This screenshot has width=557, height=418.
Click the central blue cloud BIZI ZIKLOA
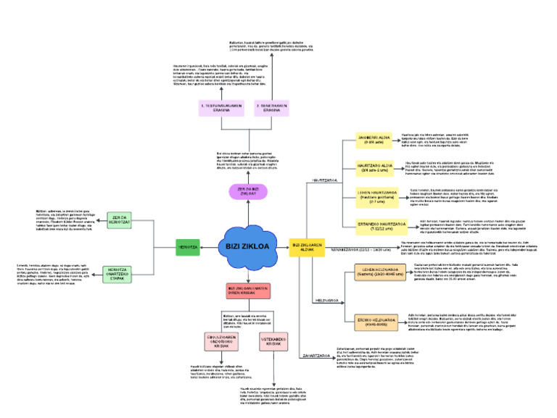pyautogui.click(x=247, y=247)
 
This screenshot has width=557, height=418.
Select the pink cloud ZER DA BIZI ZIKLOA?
pyautogui.click(x=248, y=191)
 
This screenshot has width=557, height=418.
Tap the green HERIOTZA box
pyautogui.click(x=189, y=247)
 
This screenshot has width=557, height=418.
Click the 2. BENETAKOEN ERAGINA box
pyautogui.click(x=271, y=108)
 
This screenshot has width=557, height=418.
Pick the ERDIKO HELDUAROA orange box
pyautogui.click(x=375, y=321)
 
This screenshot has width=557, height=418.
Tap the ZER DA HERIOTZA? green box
pyautogui.click(x=119, y=220)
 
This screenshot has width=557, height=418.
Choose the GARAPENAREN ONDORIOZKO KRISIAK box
pyautogui.click(x=220, y=342)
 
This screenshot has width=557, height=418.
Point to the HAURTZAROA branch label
pyautogui.click(x=324, y=180)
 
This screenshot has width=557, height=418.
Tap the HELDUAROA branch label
pyautogui.click(x=326, y=299)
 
